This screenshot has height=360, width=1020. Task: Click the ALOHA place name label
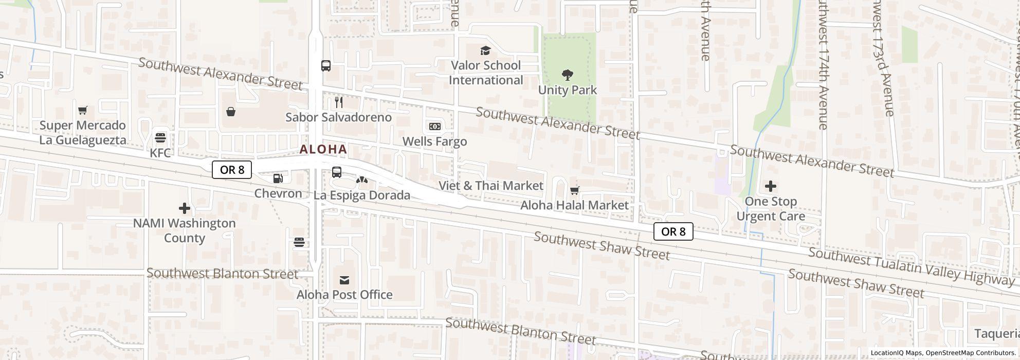coord(323,150)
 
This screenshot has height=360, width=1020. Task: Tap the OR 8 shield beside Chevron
coord(232,170)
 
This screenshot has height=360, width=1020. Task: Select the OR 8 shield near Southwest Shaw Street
coord(673,231)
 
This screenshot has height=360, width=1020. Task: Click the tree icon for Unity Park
coord(567,76)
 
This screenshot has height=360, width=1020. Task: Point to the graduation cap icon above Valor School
coord(485,50)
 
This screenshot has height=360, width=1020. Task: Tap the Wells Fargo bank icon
coord(434,127)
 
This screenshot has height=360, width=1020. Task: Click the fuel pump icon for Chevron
coord(278,178)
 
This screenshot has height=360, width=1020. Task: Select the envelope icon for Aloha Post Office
coord(344,280)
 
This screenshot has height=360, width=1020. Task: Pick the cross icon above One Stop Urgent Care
coord(770,186)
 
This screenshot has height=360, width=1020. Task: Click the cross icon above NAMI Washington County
coord(184,208)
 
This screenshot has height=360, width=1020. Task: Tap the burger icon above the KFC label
coord(160,138)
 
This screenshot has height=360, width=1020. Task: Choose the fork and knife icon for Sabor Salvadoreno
coord(338,102)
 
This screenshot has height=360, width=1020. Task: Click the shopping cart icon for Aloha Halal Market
coord(575,191)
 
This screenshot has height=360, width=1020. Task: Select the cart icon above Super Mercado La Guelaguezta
coord(82,110)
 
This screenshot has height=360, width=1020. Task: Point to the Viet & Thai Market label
coord(490,186)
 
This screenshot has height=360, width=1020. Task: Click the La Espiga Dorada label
coord(362,195)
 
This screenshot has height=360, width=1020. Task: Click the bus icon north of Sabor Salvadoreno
coord(326,66)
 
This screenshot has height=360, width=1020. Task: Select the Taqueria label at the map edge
coord(996,334)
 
